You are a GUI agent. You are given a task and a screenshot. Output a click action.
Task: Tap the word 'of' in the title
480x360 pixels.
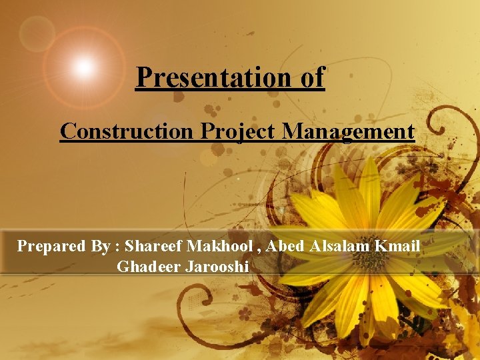pyautogui.click(x=312, y=78)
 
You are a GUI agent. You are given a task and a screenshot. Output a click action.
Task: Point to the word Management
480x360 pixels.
pyautogui.click(x=348, y=131)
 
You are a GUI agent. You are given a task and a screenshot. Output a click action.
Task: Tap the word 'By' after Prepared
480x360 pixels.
pyautogui.click(x=101, y=246)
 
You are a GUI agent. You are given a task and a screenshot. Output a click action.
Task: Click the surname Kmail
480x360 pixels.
pyautogui.click(x=397, y=246)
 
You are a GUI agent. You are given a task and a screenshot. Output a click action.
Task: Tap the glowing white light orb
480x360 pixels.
pyautogui.click(x=84, y=66)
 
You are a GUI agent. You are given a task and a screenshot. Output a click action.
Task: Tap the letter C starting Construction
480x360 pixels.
pyautogui.click(x=67, y=131)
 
